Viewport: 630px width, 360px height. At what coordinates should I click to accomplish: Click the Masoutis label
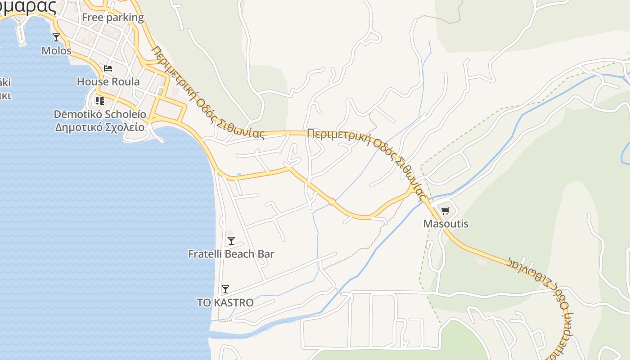(445, 224)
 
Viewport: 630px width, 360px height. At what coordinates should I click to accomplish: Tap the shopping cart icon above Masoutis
(445, 211)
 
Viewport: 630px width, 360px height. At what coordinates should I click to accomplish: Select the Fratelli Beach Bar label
(231, 254)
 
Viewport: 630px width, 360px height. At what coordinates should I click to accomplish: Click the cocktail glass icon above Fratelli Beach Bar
(231, 241)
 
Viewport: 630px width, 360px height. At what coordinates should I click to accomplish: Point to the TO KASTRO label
(225, 303)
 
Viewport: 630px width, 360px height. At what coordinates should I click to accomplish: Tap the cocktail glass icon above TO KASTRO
(225, 289)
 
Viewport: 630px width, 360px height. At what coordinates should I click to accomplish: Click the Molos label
(56, 50)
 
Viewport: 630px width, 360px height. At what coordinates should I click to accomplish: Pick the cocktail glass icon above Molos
(56, 37)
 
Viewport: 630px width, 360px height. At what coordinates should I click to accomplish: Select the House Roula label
(108, 81)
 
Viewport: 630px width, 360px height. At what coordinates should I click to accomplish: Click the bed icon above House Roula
(108, 68)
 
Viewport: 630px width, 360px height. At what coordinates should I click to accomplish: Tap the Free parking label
(113, 18)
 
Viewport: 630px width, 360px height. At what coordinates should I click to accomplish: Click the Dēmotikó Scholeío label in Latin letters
(99, 114)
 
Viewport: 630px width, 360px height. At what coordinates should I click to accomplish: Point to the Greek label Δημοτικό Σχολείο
(100, 127)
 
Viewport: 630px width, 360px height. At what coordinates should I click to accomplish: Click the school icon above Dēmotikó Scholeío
(99, 101)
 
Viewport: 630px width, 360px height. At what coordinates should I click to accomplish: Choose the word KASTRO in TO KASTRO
(234, 303)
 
